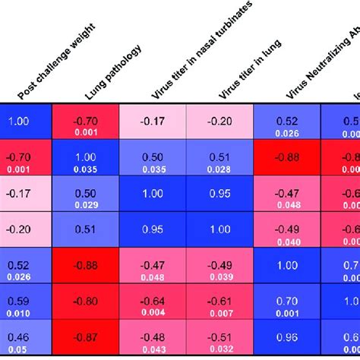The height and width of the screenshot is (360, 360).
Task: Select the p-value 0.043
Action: coord(153,349)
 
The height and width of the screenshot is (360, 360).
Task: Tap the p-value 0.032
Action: coord(219,349)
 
